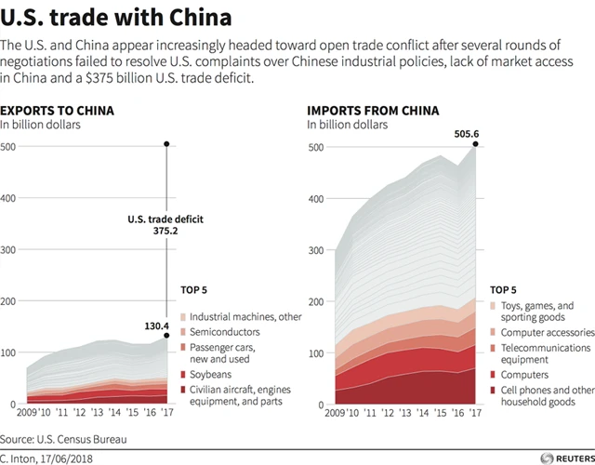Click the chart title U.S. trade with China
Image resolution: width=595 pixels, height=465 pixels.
(x=116, y=18)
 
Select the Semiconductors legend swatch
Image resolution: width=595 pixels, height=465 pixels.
(x=182, y=332)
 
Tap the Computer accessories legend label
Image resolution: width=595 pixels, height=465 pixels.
(x=547, y=332)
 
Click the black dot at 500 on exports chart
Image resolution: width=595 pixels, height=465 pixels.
(x=166, y=144)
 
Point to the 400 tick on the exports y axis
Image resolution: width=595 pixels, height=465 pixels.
(x=8, y=199)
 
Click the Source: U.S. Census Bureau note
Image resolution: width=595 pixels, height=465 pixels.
(x=63, y=438)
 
